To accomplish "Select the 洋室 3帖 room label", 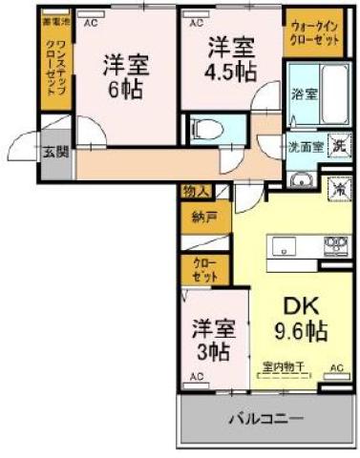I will pos(209,339).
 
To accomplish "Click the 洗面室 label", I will pos(305,148).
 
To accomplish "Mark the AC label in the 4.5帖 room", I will pos(196,20).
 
